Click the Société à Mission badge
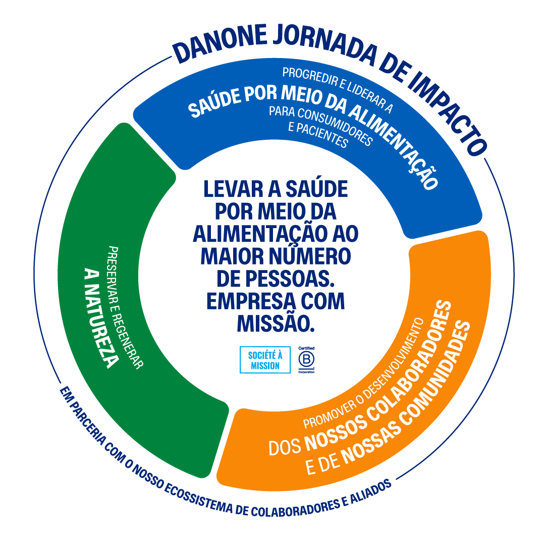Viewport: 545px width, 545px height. [265, 360]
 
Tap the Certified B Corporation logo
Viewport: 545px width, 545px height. [306, 360]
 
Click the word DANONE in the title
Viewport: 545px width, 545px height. [220, 43]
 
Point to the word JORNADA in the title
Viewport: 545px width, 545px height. [325, 44]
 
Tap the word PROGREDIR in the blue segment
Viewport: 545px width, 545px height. [310, 77]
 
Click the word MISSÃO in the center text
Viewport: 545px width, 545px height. [276, 323]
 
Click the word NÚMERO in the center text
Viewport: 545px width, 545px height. [310, 256]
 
